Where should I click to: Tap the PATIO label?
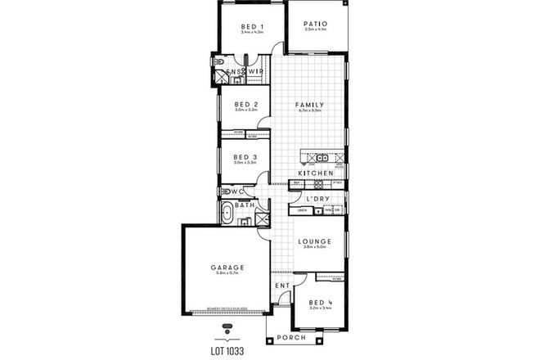(x=315, y=25)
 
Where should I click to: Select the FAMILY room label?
(x=315, y=105)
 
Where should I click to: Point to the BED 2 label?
(x=245, y=105)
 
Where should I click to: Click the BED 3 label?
(x=245, y=156)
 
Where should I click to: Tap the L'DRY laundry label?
(x=317, y=199)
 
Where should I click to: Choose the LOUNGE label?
(x=315, y=241)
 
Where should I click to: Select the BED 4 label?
(x=319, y=301)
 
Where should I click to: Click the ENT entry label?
(x=282, y=286)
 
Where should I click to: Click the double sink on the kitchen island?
(x=322, y=157)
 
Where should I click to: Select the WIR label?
(x=254, y=71)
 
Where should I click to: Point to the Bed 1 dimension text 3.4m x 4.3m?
(x=252, y=34)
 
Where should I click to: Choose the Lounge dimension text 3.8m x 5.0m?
(x=315, y=248)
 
